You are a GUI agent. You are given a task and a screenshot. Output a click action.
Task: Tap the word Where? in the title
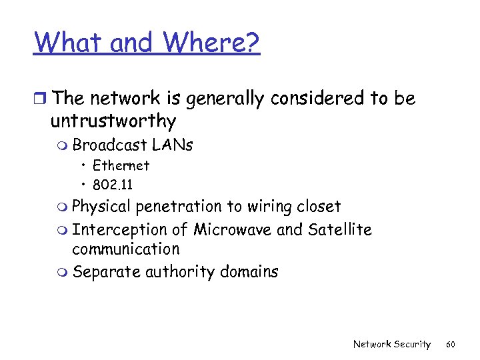pyautogui.click(x=211, y=43)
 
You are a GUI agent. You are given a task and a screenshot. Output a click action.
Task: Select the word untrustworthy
pyautogui.click(x=113, y=121)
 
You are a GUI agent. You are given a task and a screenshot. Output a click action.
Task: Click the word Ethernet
pyautogui.click(x=121, y=165)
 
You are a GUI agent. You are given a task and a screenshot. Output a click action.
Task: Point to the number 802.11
pyautogui.click(x=113, y=184)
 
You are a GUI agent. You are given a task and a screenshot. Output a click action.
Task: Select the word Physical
pyautogui.click(x=102, y=207)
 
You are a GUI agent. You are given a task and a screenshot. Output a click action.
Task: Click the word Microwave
pyautogui.click(x=233, y=230)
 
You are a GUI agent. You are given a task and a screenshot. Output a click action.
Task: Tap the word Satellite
pyautogui.click(x=340, y=230)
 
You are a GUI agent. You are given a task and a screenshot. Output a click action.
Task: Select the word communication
pyautogui.click(x=126, y=249)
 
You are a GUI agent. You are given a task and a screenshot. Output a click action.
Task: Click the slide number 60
pyautogui.click(x=451, y=344)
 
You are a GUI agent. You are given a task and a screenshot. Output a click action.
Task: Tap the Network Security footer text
pyautogui.click(x=392, y=344)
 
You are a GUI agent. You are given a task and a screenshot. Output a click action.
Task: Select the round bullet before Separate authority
pyautogui.click(x=64, y=273)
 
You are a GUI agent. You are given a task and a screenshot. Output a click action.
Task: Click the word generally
pyautogui.click(x=224, y=99)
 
